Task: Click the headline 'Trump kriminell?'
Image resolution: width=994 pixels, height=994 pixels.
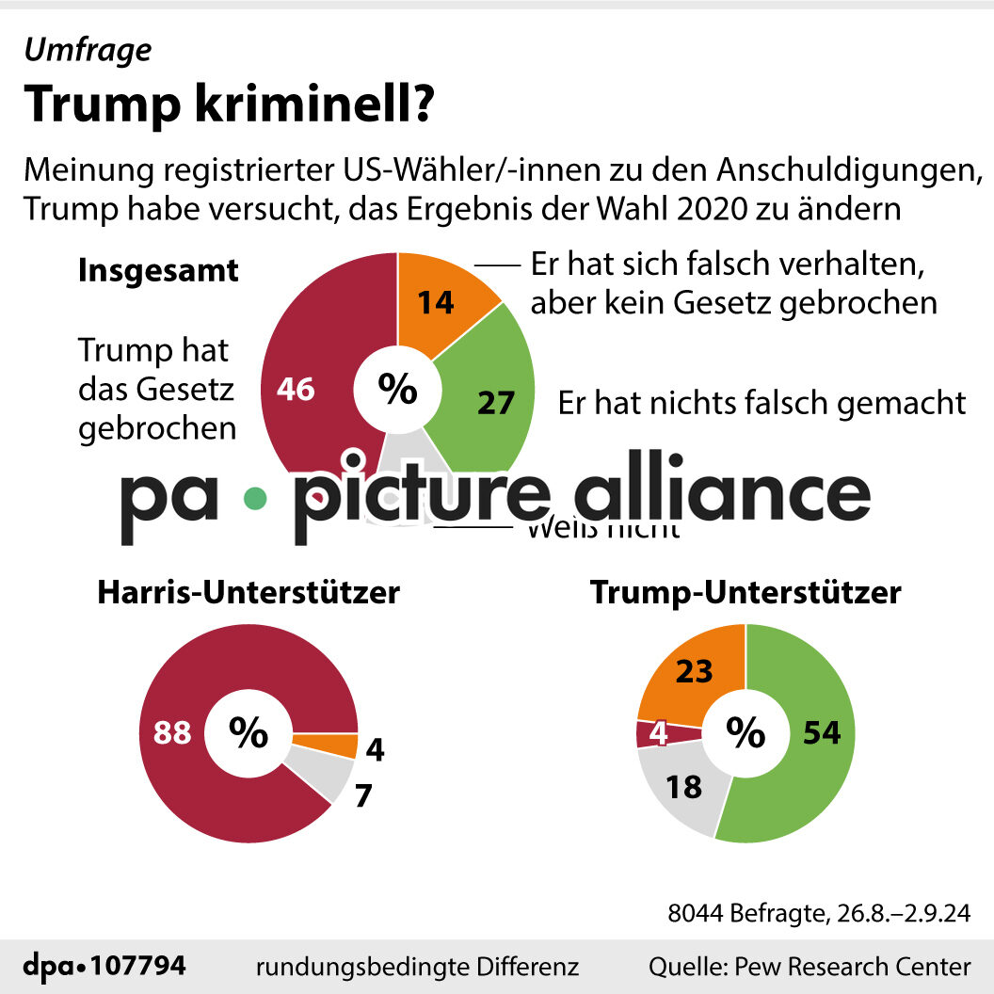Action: (x=229, y=105)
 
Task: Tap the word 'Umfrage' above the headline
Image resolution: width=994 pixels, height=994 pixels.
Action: (x=87, y=50)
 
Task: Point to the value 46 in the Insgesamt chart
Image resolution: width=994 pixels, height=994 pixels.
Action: (x=295, y=390)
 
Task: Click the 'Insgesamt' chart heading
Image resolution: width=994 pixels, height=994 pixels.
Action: (x=158, y=271)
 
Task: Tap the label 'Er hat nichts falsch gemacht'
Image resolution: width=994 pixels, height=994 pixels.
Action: (x=762, y=403)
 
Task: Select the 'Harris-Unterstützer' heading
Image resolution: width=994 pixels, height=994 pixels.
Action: (x=248, y=593)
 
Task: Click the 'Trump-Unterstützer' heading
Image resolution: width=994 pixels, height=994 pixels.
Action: (x=745, y=593)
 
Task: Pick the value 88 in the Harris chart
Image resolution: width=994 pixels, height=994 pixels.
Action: (x=173, y=733)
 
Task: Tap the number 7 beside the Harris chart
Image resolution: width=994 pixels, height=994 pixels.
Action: (x=363, y=796)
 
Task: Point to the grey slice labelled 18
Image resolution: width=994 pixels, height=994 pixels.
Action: (x=683, y=787)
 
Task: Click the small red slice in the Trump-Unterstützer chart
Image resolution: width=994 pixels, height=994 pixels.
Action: (x=655, y=733)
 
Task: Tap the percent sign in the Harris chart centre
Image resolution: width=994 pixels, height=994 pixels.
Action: (x=248, y=733)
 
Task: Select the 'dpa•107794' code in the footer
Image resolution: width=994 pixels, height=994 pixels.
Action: (x=104, y=966)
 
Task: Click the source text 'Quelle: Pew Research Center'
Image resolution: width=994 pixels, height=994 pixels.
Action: (x=809, y=966)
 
